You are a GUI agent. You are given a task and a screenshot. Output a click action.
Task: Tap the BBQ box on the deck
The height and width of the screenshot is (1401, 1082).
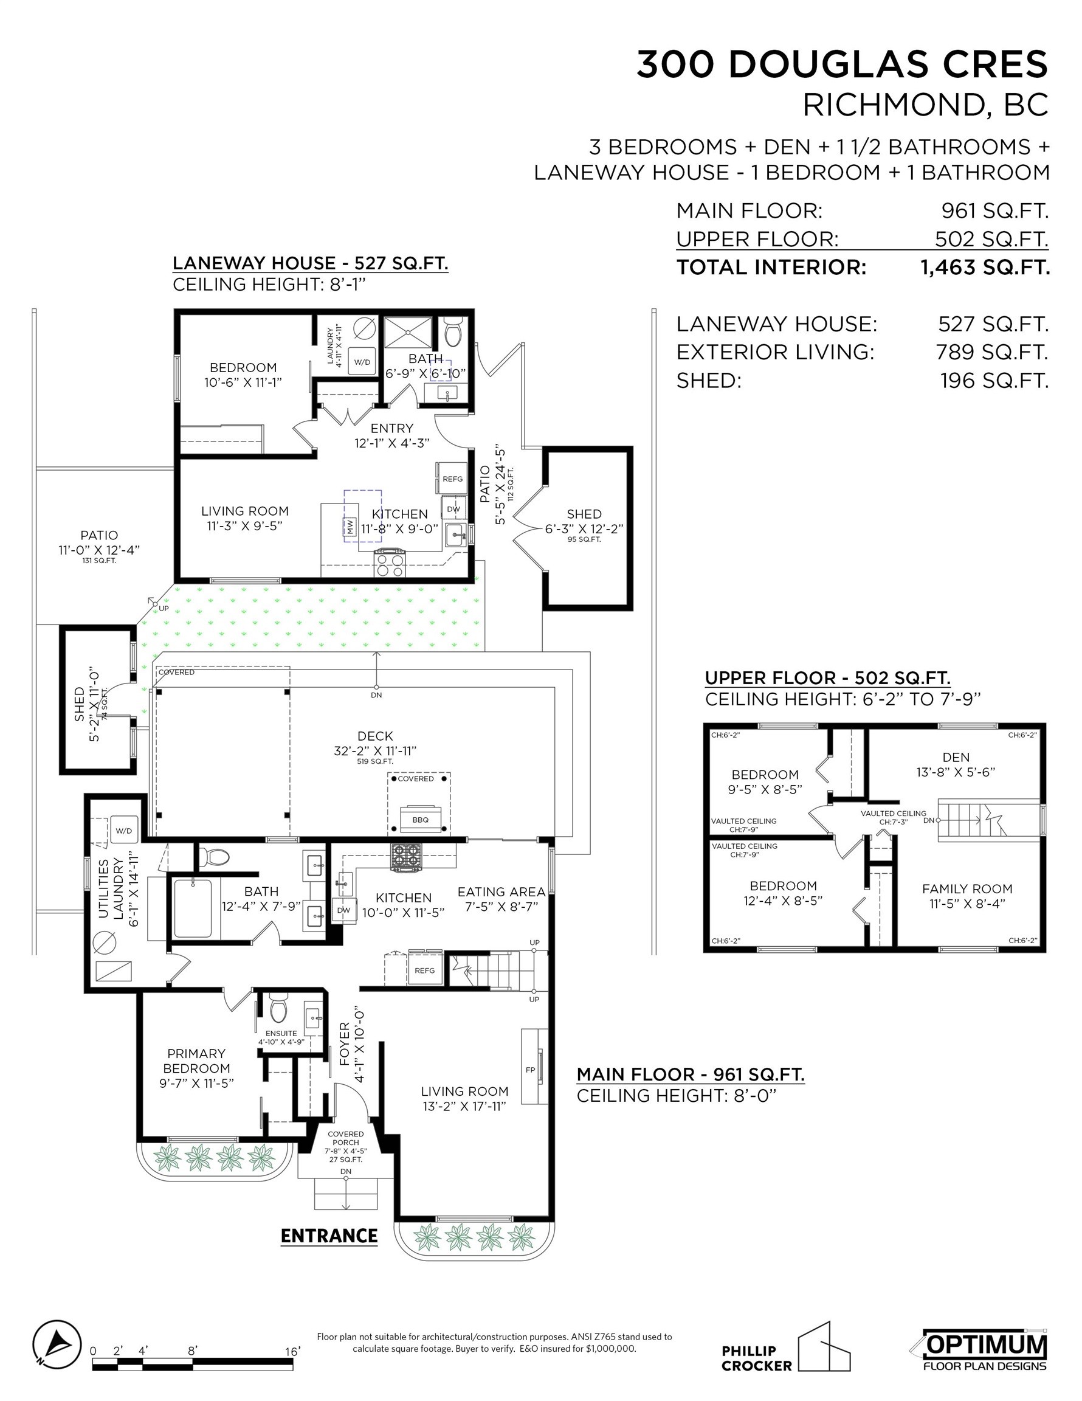click(x=420, y=819)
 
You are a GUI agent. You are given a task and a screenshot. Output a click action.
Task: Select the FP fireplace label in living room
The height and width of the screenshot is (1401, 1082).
click(x=530, y=1070)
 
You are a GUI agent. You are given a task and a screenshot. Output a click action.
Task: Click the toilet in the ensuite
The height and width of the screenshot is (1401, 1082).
click(x=278, y=1008)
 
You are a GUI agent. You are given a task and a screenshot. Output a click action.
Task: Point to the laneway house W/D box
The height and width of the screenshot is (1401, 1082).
click(x=362, y=361)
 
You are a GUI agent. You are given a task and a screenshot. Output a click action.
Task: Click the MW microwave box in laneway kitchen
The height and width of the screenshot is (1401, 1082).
click(x=350, y=527)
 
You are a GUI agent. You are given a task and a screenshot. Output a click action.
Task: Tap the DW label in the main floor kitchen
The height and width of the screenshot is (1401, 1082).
click(x=344, y=910)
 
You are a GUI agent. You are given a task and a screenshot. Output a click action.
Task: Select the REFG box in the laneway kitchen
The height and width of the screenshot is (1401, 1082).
click(x=452, y=479)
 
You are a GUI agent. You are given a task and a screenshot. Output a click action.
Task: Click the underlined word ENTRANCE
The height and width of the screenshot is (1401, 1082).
click(x=329, y=1236)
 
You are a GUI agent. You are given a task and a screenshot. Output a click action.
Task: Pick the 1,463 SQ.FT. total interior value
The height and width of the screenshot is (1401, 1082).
click(x=985, y=267)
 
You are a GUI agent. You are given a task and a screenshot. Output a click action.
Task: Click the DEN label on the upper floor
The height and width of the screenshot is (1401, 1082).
click(x=956, y=757)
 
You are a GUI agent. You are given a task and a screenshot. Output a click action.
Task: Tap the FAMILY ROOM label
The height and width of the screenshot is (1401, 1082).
click(x=967, y=888)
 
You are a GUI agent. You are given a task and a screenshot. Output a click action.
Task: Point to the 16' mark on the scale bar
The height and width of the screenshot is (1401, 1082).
click(x=292, y=1351)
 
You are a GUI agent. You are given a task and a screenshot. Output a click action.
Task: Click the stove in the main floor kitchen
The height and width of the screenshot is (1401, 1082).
click(x=407, y=857)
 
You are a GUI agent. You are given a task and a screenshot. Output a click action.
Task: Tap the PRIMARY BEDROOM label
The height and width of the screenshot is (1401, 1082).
click(x=196, y=1060)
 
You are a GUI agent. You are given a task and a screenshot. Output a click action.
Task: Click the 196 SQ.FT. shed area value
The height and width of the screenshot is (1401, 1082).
click(x=993, y=381)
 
